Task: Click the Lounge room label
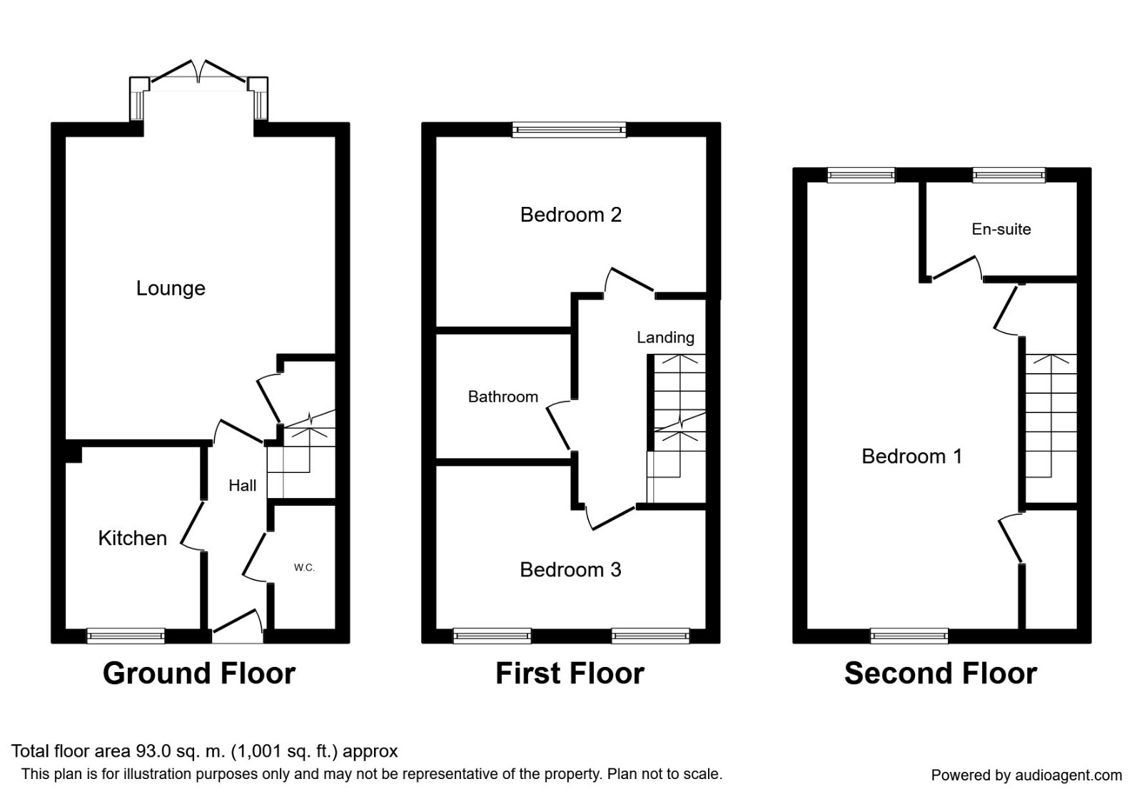click(x=171, y=288)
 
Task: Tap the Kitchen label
click(x=133, y=538)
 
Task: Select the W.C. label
click(x=304, y=568)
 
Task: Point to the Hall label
click(x=242, y=486)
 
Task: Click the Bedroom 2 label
click(x=570, y=215)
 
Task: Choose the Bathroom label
click(x=502, y=397)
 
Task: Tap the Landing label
click(x=665, y=337)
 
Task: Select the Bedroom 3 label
click(x=570, y=570)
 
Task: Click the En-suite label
click(x=1001, y=229)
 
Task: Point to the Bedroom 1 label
click(x=912, y=456)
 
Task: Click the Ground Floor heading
click(x=199, y=673)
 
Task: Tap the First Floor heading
click(x=570, y=673)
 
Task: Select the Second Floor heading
click(x=941, y=673)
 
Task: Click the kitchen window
click(x=126, y=636)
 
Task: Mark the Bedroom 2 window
click(x=569, y=130)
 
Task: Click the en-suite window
click(x=1009, y=175)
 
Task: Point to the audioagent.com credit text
click(x=1026, y=775)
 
